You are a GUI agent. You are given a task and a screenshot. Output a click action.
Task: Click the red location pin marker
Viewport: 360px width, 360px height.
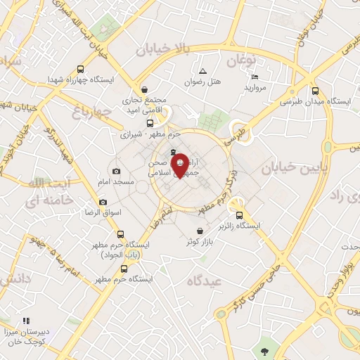[x=179, y=165]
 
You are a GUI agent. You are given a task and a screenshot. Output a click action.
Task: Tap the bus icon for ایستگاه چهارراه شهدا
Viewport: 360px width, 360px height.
[x=81, y=69]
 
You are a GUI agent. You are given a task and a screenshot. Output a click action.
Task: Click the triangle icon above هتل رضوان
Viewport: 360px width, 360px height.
[x=202, y=71]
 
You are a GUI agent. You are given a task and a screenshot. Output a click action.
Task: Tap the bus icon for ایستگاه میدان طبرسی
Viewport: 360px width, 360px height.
[x=316, y=90]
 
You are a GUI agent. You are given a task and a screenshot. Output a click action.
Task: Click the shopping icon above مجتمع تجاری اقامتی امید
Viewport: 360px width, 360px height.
[x=144, y=89]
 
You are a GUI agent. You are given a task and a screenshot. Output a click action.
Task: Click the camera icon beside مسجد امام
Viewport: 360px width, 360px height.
[x=116, y=171]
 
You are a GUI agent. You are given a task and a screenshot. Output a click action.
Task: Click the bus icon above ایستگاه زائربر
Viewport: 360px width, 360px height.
[x=240, y=216]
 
